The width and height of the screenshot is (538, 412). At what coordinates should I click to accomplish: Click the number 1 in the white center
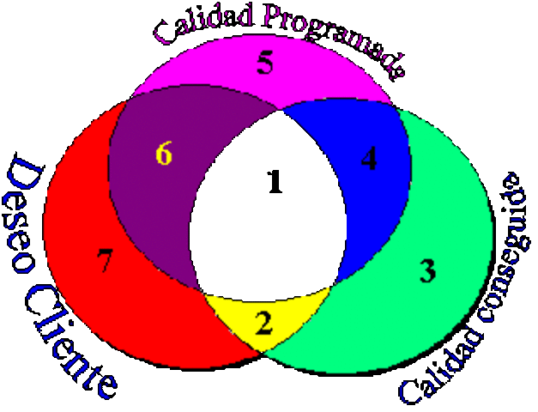click(x=274, y=182)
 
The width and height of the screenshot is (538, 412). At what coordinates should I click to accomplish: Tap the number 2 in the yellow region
click(x=264, y=323)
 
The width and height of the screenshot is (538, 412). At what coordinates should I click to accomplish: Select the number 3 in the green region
click(x=427, y=270)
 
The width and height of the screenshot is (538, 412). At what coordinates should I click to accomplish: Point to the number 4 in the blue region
click(x=369, y=160)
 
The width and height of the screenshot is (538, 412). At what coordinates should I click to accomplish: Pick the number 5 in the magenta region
click(x=265, y=64)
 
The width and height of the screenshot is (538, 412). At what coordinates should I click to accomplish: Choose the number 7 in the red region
click(x=105, y=260)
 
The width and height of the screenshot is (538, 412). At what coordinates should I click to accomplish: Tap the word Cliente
click(x=73, y=343)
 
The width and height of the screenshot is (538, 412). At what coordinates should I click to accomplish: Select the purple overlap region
click(x=159, y=197)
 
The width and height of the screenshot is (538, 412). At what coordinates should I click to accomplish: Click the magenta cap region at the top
click(x=223, y=73)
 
